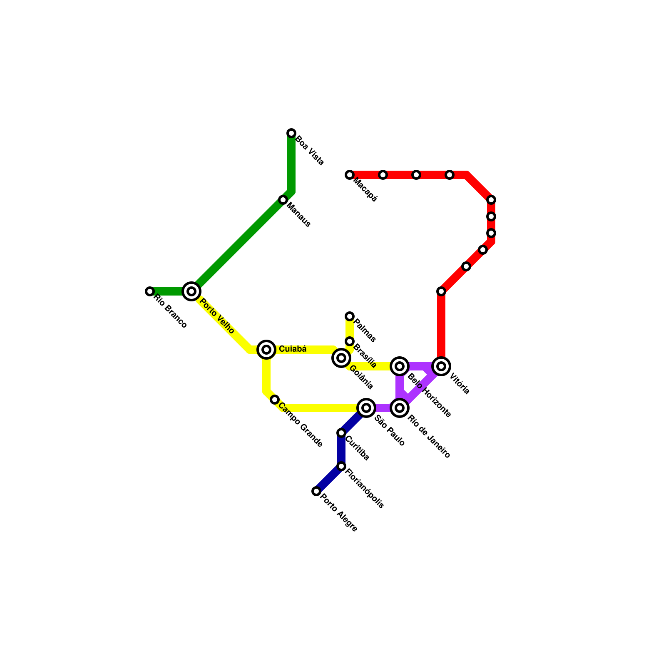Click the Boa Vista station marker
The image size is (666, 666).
[x=291, y=133]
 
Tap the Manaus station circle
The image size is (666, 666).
[x=283, y=200]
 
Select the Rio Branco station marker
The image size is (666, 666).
[x=150, y=291]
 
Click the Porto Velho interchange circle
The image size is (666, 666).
[x=191, y=291]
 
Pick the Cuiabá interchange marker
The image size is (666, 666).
[x=266, y=350]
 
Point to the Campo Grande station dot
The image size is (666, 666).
[x=275, y=400]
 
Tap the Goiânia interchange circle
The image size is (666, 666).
[x=341, y=358]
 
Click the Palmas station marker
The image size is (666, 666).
[x=350, y=316]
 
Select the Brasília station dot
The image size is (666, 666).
[x=350, y=341]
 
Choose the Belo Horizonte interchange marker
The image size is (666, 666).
[x=400, y=366]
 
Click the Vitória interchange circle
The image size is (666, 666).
[x=441, y=366]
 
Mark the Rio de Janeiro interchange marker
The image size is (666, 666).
[x=400, y=408]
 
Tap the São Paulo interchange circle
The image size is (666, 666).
[x=366, y=408]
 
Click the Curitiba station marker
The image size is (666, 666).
[x=341, y=433]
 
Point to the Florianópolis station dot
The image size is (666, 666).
[x=341, y=466]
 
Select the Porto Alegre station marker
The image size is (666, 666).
[x=316, y=491]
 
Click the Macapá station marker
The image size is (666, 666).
[x=350, y=175]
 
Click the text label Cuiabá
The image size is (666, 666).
[x=293, y=349]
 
